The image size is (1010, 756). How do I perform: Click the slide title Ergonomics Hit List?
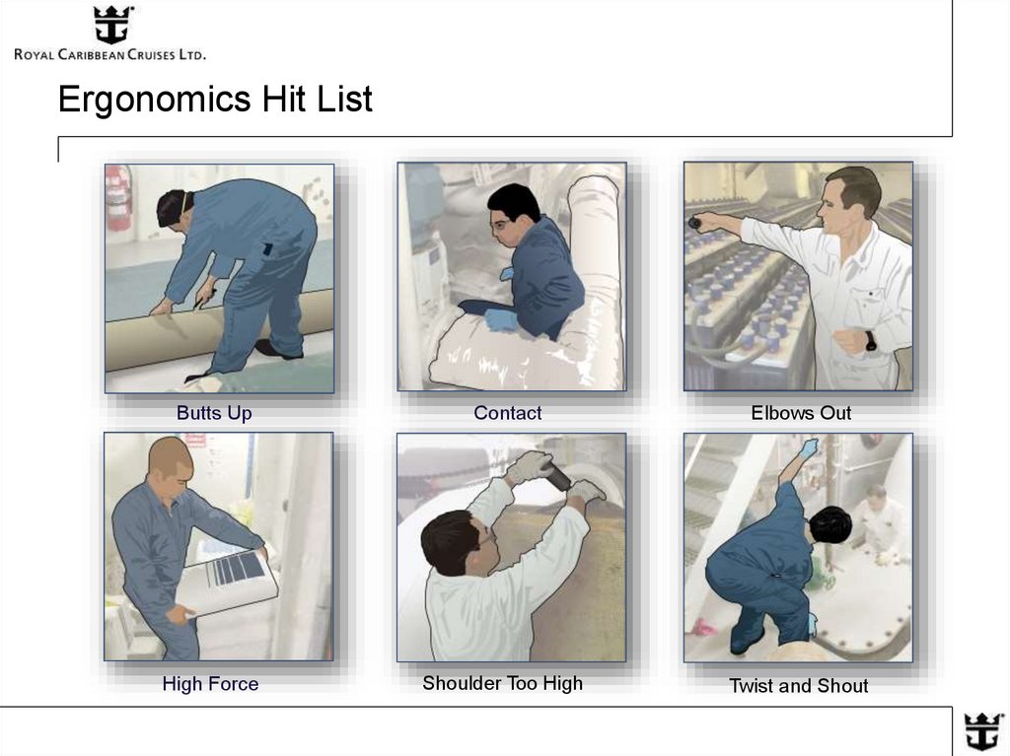click(x=215, y=100)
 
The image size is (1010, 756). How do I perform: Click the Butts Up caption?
click(x=214, y=413)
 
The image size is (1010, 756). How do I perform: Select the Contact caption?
click(x=507, y=413)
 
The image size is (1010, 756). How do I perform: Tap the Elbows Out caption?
click(x=800, y=413)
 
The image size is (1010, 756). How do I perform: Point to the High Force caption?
click(x=210, y=684)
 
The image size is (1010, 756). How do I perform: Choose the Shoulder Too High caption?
click(x=502, y=683)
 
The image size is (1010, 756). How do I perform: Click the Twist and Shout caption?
click(x=798, y=686)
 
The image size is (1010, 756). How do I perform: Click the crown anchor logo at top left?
click(x=112, y=26)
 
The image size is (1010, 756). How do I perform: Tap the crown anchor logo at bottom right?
click(x=982, y=731)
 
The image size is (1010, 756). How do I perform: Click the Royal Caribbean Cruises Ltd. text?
click(x=109, y=55)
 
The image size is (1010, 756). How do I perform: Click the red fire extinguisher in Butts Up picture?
click(x=118, y=197)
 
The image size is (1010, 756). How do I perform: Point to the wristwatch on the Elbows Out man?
click(x=871, y=340)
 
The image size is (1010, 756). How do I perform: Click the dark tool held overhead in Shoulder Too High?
click(x=555, y=477)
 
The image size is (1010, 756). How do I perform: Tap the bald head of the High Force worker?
click(x=170, y=455)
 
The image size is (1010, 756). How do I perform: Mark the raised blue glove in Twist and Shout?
click(x=809, y=448)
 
